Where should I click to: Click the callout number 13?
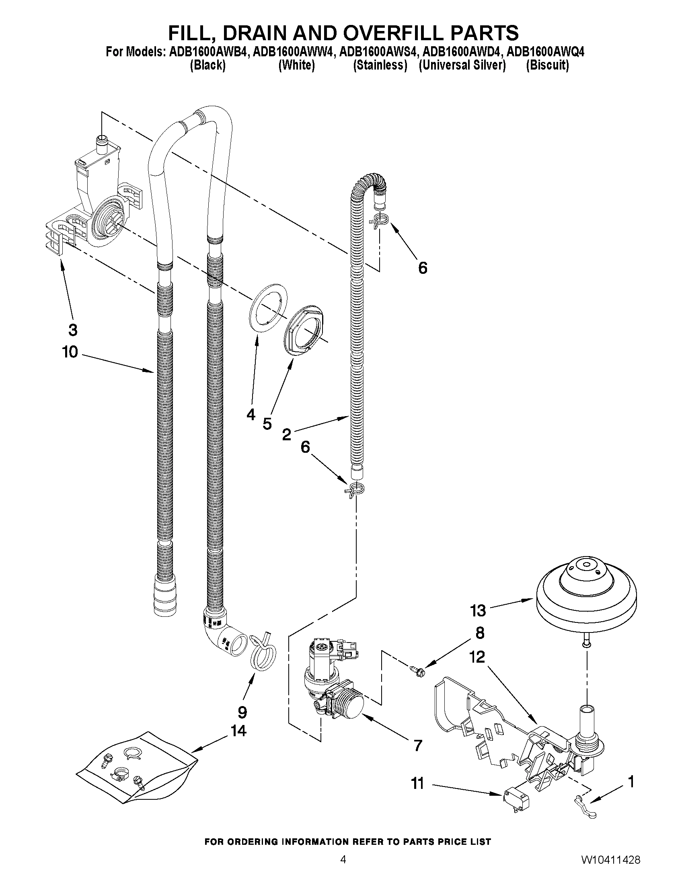478,610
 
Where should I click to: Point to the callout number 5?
267,424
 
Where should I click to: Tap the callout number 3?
72,330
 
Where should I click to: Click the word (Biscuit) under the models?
547,65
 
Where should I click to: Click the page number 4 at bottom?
343,868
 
